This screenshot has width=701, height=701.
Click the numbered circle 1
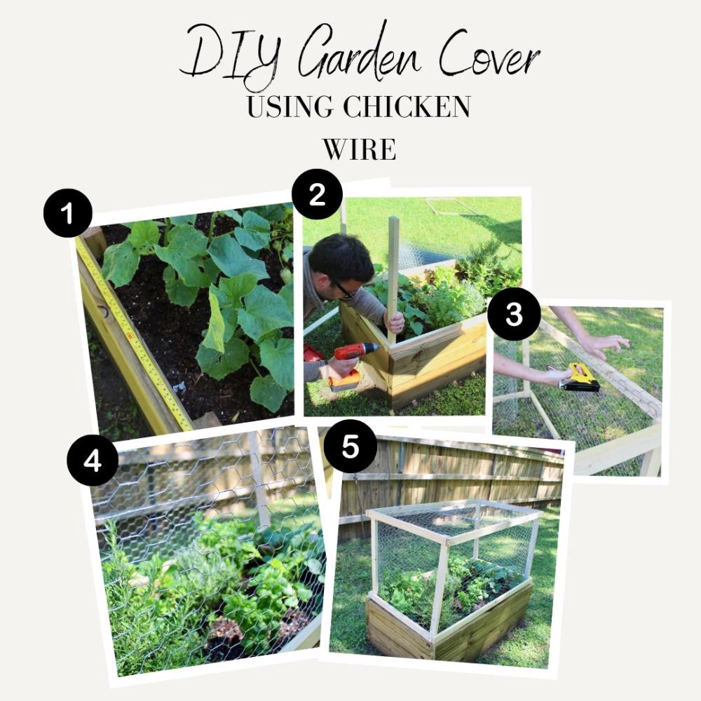[68, 213]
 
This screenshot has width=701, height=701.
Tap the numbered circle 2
[317, 194]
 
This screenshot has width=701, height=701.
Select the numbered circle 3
[514, 314]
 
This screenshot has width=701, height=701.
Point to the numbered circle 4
[93, 460]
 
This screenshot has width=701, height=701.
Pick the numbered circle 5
[350, 446]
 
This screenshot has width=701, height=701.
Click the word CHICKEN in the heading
[407, 107]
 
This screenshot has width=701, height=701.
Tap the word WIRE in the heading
[360, 149]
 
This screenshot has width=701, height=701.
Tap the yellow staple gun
[580, 379]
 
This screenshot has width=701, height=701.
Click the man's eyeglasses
[343, 289]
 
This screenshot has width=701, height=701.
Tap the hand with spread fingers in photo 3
[604, 344]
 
